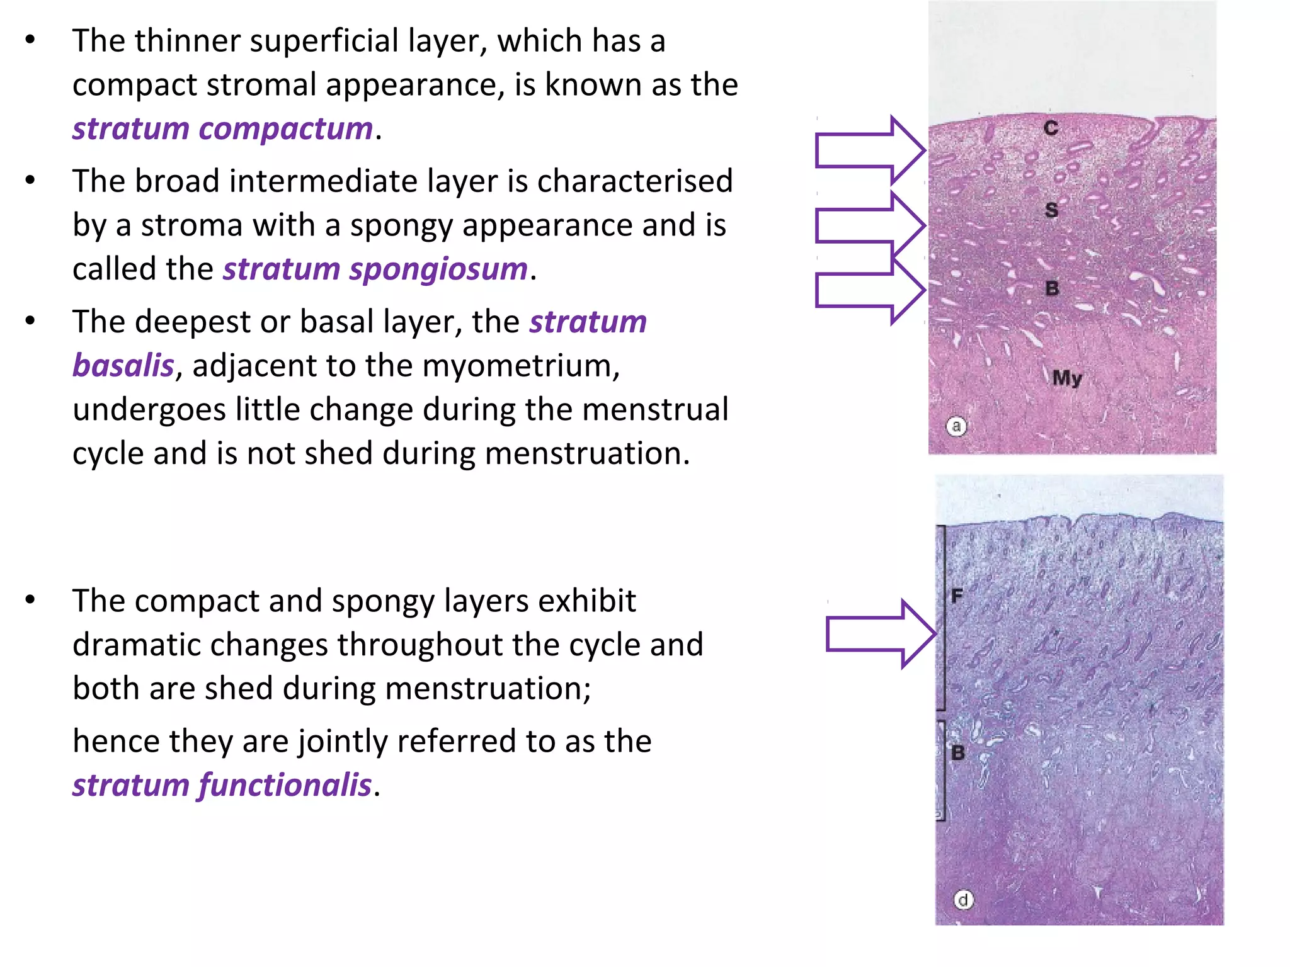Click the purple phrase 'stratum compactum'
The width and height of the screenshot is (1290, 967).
tap(222, 129)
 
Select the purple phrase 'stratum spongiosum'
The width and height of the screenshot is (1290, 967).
tap(375, 269)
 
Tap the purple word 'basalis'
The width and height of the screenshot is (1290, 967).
tap(123, 366)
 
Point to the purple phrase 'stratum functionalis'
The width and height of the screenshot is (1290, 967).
tap(222, 785)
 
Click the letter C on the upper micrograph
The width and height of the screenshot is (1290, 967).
tap(1051, 128)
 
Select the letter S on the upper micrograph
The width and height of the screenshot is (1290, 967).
tap(1051, 210)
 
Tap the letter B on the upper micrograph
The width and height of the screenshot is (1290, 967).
tap(1052, 288)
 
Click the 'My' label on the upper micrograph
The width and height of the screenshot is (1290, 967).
tap(1067, 378)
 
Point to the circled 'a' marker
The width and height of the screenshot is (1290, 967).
tap(956, 427)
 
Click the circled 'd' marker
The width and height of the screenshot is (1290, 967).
tap(963, 900)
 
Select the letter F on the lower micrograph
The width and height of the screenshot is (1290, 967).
tap(957, 596)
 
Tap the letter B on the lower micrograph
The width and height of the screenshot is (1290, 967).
tap(958, 752)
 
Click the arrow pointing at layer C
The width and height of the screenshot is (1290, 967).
tap(869, 150)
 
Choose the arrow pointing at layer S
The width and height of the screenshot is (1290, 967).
tap(869, 225)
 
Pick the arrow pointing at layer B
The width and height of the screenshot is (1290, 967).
tap(869, 291)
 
